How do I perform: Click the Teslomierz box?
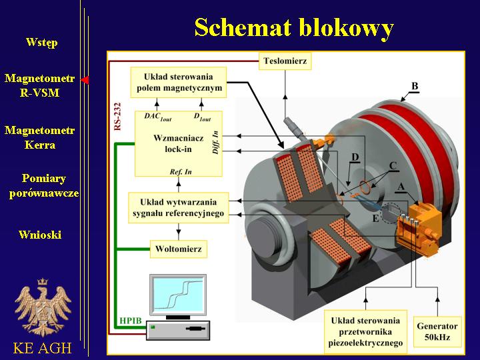coord(285,61)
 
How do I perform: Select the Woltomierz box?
coord(179,249)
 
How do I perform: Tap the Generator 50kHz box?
coord(437,331)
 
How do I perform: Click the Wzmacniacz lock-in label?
coord(179,143)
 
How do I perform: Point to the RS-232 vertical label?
coord(117,117)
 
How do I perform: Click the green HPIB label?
coord(131,321)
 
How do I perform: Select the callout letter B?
coord(415,86)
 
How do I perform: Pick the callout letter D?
coord(355,157)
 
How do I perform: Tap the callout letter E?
coord(375,218)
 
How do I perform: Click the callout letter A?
coord(401,187)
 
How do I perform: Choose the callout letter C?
coord(393,166)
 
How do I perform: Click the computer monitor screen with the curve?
coord(178,294)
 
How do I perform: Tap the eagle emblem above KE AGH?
coord(43,307)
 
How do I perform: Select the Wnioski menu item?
coord(40,235)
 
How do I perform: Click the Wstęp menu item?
coord(41,42)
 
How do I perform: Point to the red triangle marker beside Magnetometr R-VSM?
coord(85,80)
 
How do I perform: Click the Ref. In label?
coord(181,172)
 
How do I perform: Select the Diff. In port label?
coord(215,143)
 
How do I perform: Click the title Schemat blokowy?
coord(294,27)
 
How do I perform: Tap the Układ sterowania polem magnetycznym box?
coord(179,83)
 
